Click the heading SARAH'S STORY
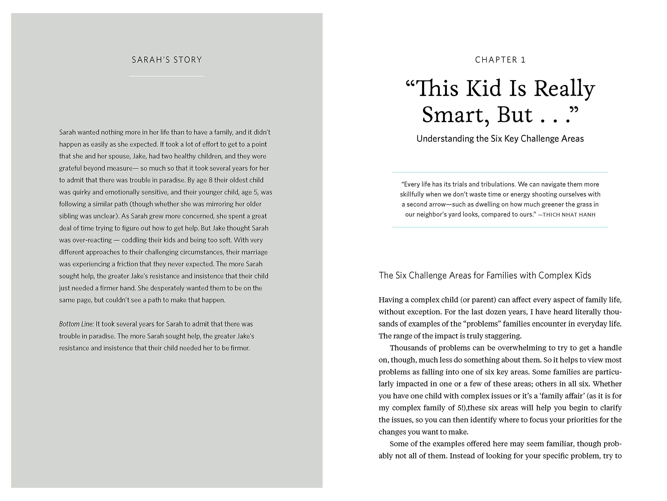[x=167, y=60]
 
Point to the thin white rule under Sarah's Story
[x=167, y=76]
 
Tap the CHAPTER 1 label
[x=500, y=60]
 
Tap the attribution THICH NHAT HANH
[x=569, y=215]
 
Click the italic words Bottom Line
[x=76, y=324]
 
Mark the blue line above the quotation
[x=500, y=172]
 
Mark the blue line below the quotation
[x=500, y=227]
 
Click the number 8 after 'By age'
[x=211, y=180]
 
